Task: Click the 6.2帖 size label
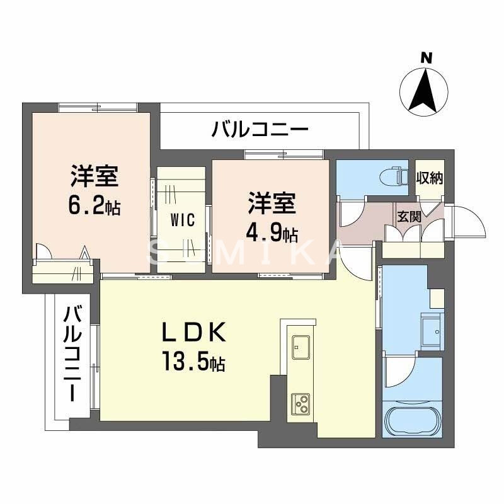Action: tap(95, 206)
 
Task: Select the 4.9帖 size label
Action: tap(272, 234)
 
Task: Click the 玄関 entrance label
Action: tap(408, 217)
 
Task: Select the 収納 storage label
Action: tap(430, 178)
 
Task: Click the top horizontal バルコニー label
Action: tap(260, 130)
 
